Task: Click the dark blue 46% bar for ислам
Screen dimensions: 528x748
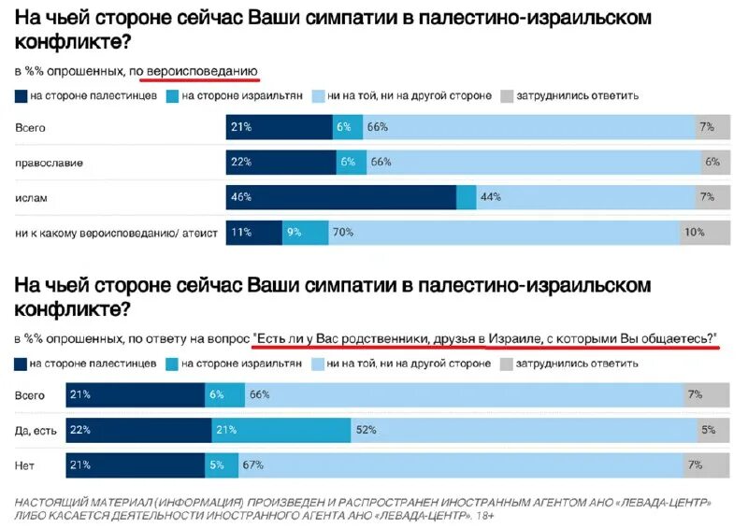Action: [x=340, y=197]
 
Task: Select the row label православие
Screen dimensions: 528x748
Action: [x=49, y=163]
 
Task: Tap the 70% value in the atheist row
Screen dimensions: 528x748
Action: [x=342, y=232]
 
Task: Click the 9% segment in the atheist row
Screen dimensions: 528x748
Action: [x=305, y=232]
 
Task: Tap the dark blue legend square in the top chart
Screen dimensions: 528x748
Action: [x=21, y=95]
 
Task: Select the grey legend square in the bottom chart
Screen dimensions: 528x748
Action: [x=508, y=363]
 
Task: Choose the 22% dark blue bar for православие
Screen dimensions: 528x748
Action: [x=280, y=163]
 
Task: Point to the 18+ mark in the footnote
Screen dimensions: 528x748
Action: [x=484, y=515]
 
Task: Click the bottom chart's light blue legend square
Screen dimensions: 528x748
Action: [x=320, y=363]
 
